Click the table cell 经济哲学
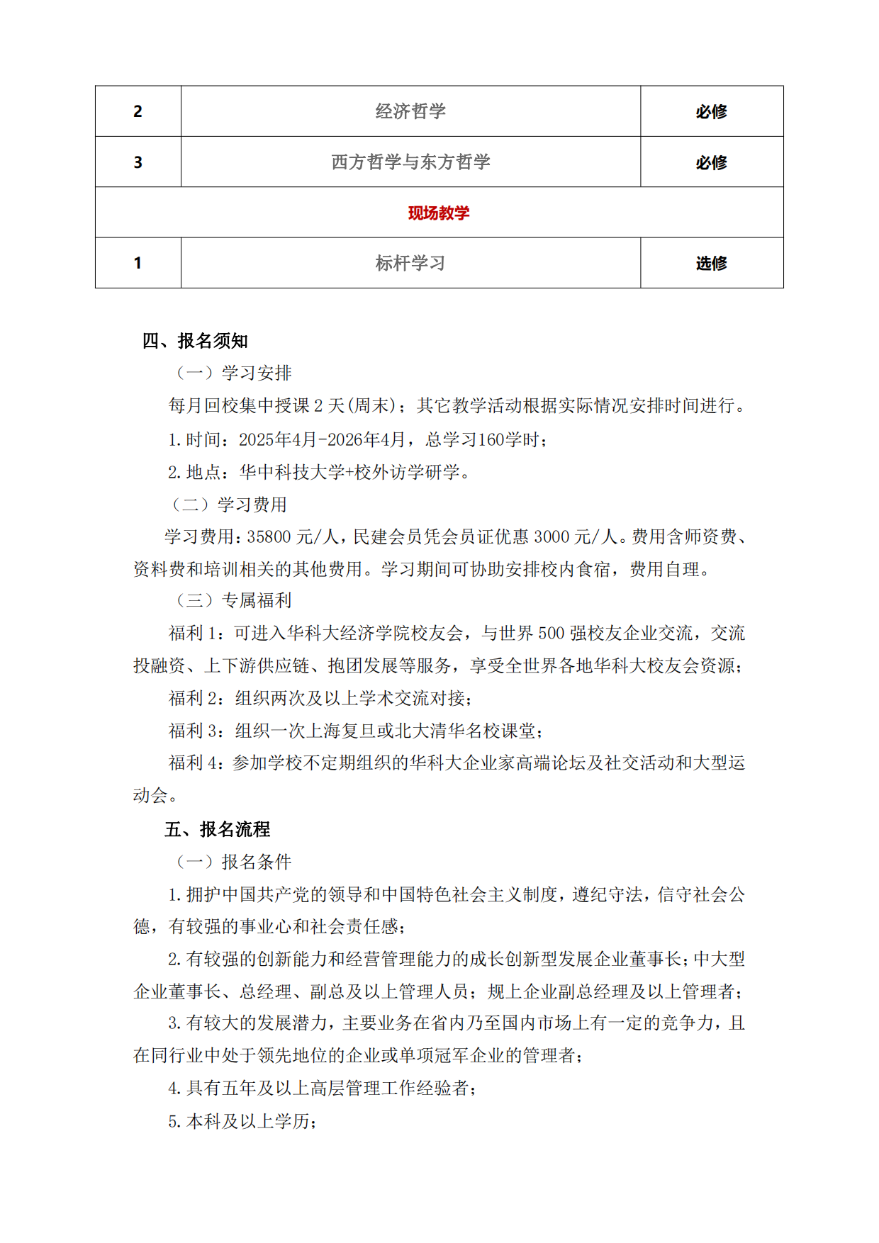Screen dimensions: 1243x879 pyautogui.click(x=410, y=111)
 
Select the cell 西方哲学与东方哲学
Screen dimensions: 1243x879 pyautogui.click(x=410, y=162)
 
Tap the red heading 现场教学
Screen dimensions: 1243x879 pyautogui.click(x=439, y=213)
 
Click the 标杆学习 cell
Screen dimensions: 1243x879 pyautogui.click(x=410, y=263)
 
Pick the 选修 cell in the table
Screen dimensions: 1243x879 pyautogui.click(x=711, y=263)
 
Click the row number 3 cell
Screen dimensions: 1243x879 pyautogui.click(x=138, y=162)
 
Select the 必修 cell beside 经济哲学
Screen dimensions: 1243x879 pyautogui.click(x=711, y=111)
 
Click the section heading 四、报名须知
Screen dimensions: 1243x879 pyautogui.click(x=195, y=341)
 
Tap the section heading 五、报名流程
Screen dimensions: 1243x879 pyautogui.click(x=217, y=829)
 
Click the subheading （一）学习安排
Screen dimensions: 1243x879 pyautogui.click(x=234, y=373)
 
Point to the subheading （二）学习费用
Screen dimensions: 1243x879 pyautogui.click(x=229, y=505)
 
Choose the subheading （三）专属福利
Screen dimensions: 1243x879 pyautogui.click(x=234, y=601)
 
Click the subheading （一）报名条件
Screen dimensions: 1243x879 pyautogui.click(x=234, y=862)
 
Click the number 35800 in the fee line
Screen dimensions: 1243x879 pyautogui.click(x=269, y=537)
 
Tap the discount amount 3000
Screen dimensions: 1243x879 pyautogui.click(x=551, y=537)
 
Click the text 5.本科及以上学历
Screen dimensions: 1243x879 pyautogui.click(x=242, y=1121)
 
